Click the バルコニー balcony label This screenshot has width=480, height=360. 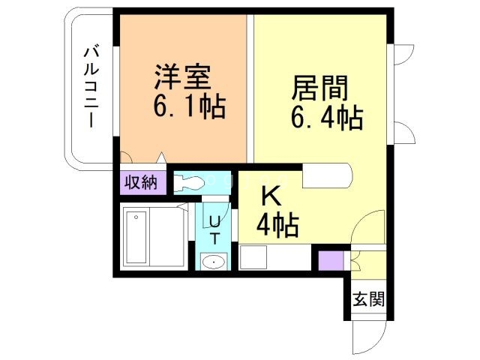click(91, 87)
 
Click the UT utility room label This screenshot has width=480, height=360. click(214, 229)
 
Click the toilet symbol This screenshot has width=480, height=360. click(190, 182)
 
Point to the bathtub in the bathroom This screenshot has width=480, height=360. click(136, 237)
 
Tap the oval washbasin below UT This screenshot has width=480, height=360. click(214, 262)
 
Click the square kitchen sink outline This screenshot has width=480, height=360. click(253, 259)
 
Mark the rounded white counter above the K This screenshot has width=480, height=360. click(327, 176)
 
